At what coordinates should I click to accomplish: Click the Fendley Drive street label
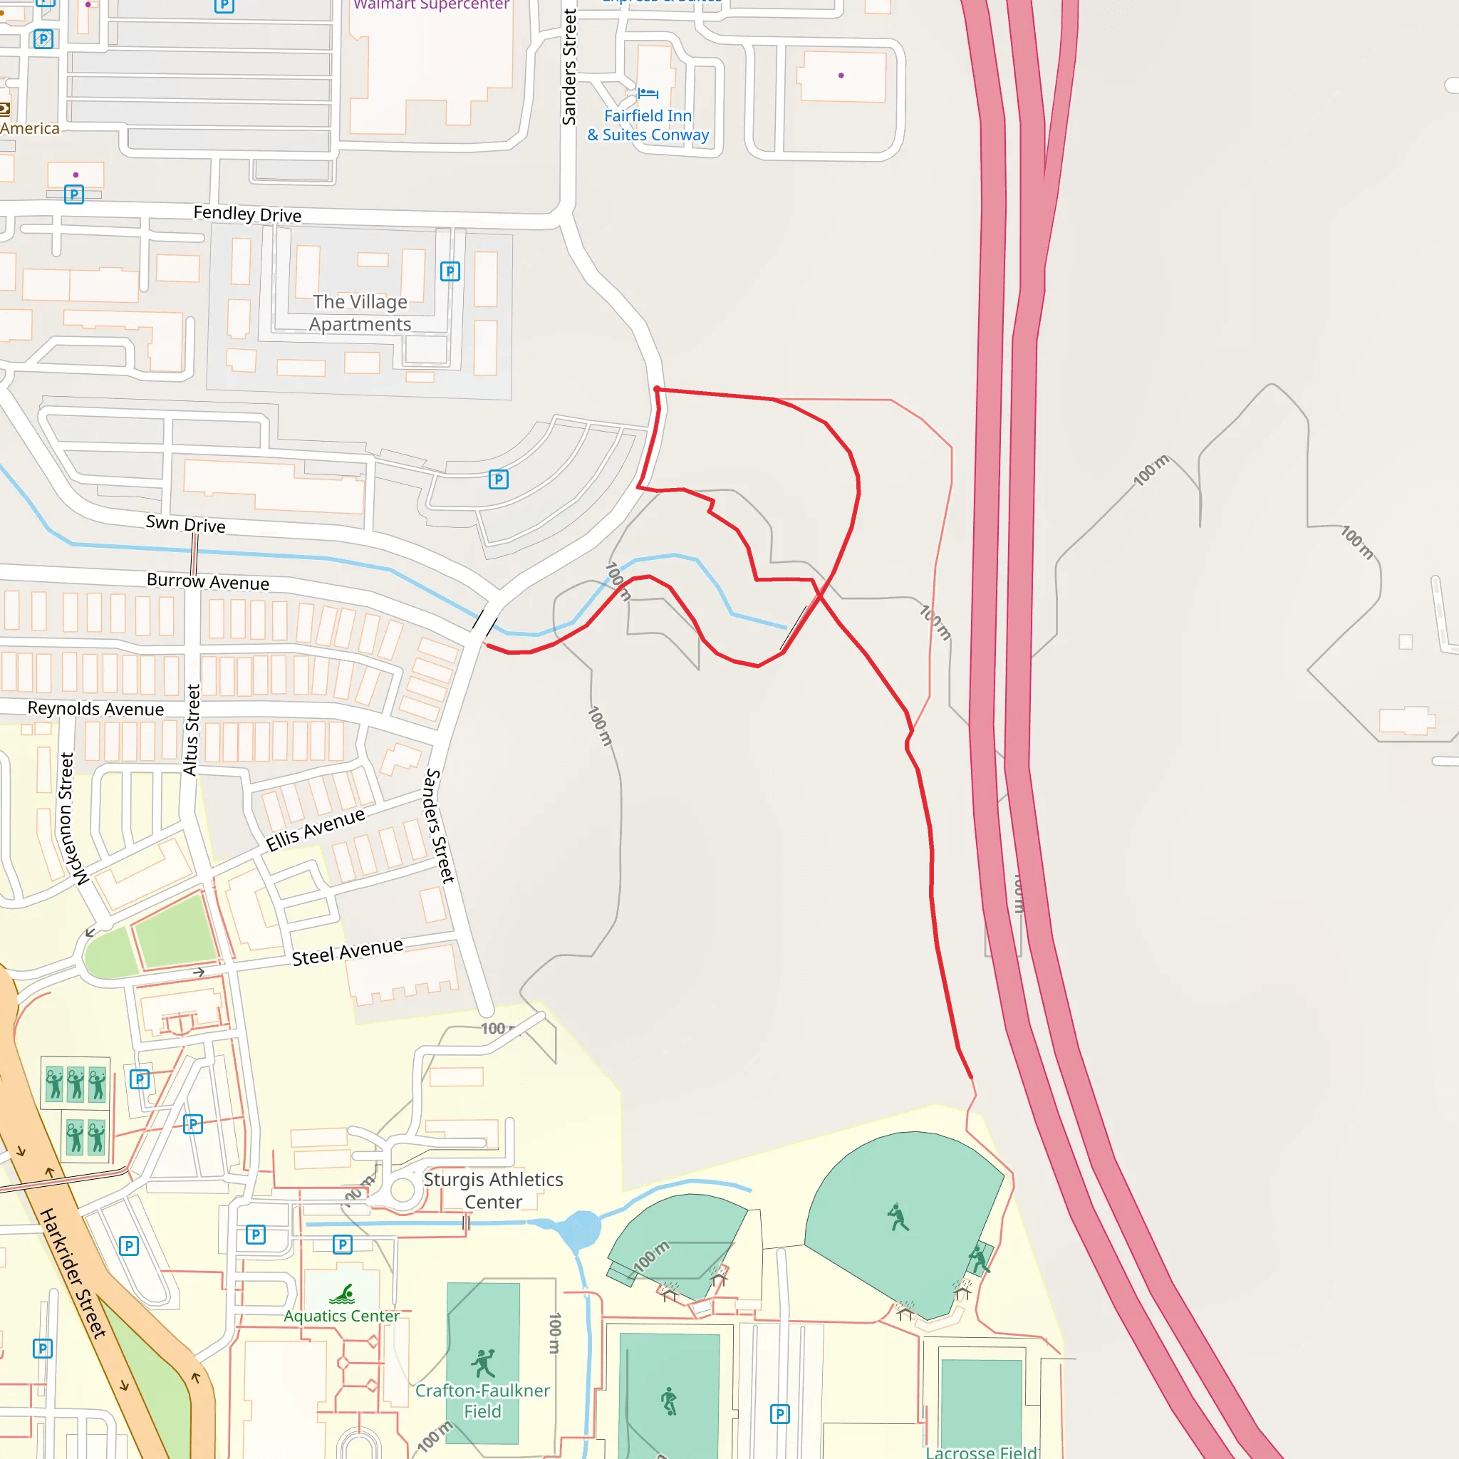(x=247, y=214)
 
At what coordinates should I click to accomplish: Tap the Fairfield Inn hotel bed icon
(x=648, y=93)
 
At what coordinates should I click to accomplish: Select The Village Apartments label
(x=360, y=313)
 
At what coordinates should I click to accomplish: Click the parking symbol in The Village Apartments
(x=450, y=271)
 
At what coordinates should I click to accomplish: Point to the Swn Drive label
(x=186, y=524)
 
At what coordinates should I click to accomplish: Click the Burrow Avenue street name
(x=208, y=581)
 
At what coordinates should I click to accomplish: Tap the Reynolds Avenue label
(x=96, y=708)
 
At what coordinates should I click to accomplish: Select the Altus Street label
(x=192, y=729)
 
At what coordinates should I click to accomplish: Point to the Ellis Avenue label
(x=316, y=829)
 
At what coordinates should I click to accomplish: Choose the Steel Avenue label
(x=348, y=952)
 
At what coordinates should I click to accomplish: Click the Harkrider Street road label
(x=73, y=1273)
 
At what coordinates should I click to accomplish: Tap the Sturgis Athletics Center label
(x=493, y=1190)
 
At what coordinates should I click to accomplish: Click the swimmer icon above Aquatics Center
(x=343, y=1294)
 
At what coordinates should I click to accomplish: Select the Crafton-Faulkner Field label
(x=482, y=1401)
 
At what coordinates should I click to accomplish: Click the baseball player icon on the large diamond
(x=898, y=1217)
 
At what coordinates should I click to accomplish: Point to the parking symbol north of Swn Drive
(x=499, y=479)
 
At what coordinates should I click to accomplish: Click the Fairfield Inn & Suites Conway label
(x=649, y=125)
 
